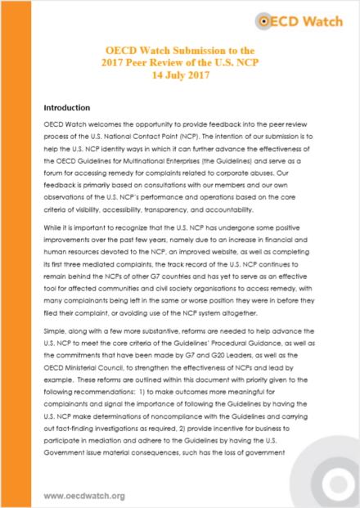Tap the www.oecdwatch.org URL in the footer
(83, 496)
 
